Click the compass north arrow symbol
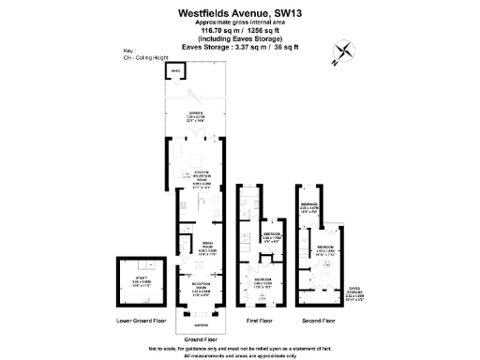tap(344, 54)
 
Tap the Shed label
tap(175, 70)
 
